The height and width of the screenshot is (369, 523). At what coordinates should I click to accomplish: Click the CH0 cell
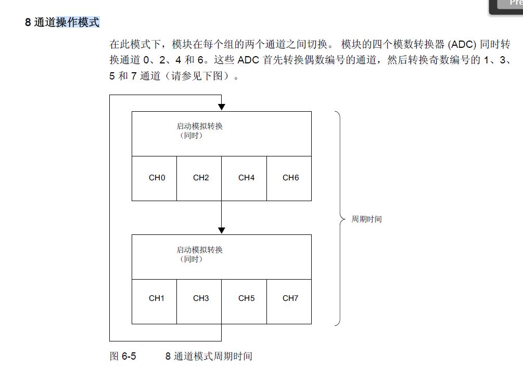pos(154,178)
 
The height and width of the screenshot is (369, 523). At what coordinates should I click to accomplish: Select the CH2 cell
pos(199,178)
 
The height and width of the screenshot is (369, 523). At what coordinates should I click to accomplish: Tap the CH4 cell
pos(245,178)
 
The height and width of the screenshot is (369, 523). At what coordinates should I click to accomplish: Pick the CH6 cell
pos(289,178)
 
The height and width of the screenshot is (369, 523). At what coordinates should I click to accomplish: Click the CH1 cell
pos(154,299)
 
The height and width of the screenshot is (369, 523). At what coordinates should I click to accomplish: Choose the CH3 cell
pos(199,299)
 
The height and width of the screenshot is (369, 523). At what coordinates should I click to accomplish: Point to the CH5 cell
pos(245,299)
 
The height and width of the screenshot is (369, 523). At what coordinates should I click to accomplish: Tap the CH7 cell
pos(289,299)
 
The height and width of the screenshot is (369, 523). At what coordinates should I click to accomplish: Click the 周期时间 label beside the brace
pos(366,219)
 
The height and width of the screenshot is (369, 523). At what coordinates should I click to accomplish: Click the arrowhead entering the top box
pos(222,107)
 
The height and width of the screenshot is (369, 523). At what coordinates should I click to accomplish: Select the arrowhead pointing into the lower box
pos(222,230)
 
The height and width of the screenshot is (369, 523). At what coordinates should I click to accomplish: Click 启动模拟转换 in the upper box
pos(199,126)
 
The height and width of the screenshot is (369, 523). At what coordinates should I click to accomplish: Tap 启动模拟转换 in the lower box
pos(199,250)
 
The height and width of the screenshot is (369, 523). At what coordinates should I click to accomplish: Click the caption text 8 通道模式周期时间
pos(209,357)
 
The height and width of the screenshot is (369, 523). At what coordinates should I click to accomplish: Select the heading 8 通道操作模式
pos(62,23)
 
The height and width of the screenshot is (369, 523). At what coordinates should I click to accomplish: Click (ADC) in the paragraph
pos(459,44)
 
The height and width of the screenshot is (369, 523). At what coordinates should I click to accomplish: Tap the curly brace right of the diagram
pos(341,219)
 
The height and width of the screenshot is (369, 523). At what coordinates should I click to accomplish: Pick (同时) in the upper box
pos(189,136)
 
